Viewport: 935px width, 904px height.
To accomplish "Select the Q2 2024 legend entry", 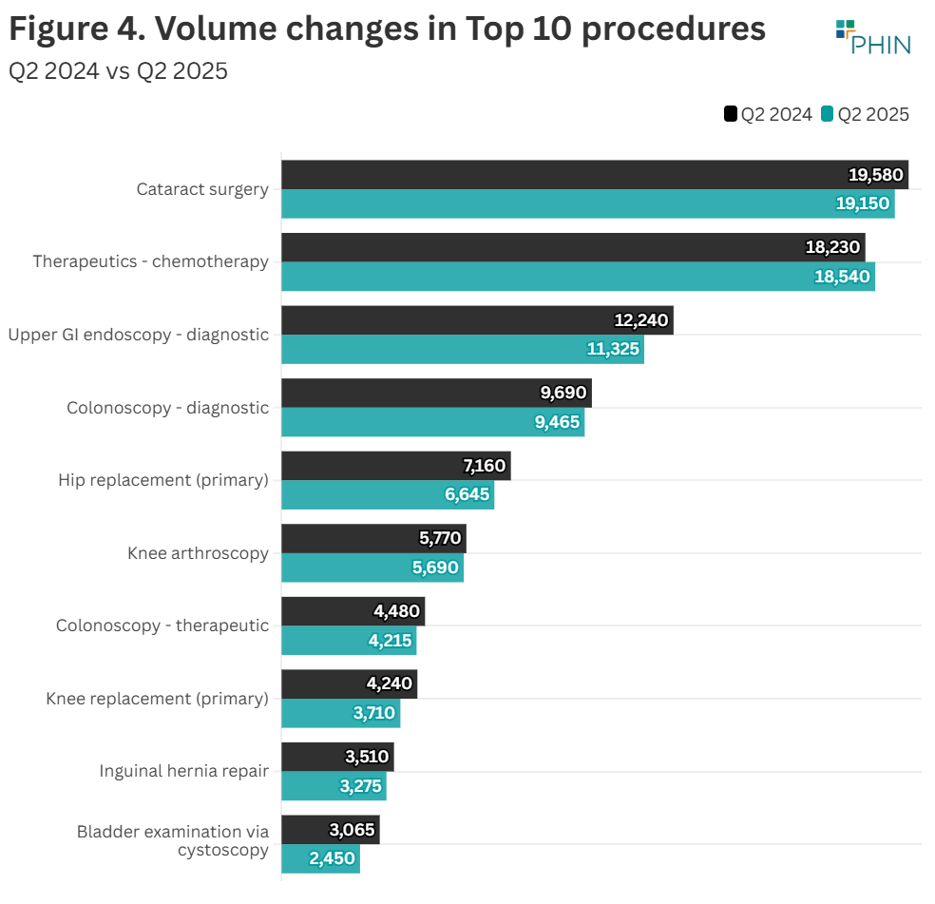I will coord(768,115).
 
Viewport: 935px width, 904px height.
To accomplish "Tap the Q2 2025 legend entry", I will coord(865,115).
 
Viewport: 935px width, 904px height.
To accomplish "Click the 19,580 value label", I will coord(873,175).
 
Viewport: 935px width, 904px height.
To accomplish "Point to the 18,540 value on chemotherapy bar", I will coord(841,277).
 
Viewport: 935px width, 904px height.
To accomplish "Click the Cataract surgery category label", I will coord(202,189).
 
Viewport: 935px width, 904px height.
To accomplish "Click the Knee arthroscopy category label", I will coord(198,553).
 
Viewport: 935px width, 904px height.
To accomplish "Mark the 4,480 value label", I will coord(397,611).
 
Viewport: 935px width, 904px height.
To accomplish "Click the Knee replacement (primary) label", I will coord(157,699).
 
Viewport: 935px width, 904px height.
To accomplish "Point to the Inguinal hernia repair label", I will coord(183,771).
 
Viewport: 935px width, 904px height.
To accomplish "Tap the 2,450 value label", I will coord(332,858).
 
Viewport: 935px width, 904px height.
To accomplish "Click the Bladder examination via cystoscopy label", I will coord(173,840).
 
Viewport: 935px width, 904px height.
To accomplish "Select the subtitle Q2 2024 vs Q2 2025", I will coord(118,71).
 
